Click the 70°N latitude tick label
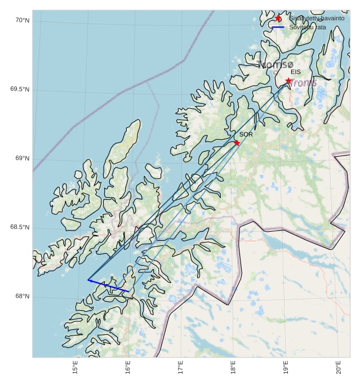[x=22, y=20]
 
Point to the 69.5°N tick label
[x=20, y=90]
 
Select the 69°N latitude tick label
[x=22, y=158]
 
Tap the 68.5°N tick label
[x=20, y=227]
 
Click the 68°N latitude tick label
[x=22, y=297]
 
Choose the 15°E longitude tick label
[x=75, y=368]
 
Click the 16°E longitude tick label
[x=128, y=368]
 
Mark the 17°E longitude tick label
[x=180, y=368]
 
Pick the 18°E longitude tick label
[x=233, y=368]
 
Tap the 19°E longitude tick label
[x=286, y=368]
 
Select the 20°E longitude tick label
[x=339, y=368]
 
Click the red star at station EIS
[x=288, y=81]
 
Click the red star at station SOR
[x=237, y=143]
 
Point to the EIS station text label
[x=296, y=72]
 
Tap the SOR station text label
[x=246, y=135]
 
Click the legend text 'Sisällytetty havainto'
[x=317, y=18]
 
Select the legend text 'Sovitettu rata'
[x=307, y=27]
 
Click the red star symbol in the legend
[x=278, y=18]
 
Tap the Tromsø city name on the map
[x=276, y=65]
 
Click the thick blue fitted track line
[x=109, y=285]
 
